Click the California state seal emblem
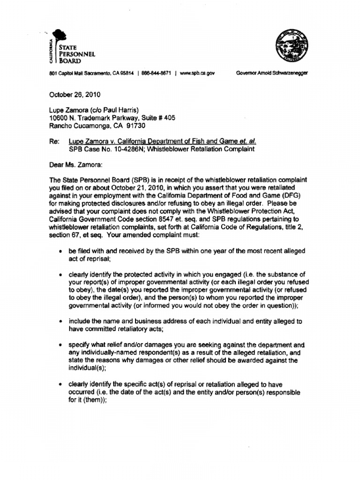click(291, 46)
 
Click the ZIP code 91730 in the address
click(131, 126)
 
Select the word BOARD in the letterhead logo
click(69, 60)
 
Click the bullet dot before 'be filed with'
click(61, 252)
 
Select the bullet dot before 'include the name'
click(61, 322)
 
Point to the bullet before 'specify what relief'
click(61, 345)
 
